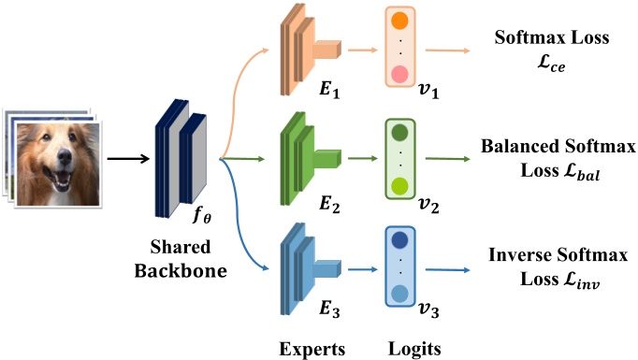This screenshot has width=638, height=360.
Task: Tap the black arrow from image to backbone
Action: [x=125, y=157]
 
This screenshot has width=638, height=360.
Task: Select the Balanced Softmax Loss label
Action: [x=558, y=158]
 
